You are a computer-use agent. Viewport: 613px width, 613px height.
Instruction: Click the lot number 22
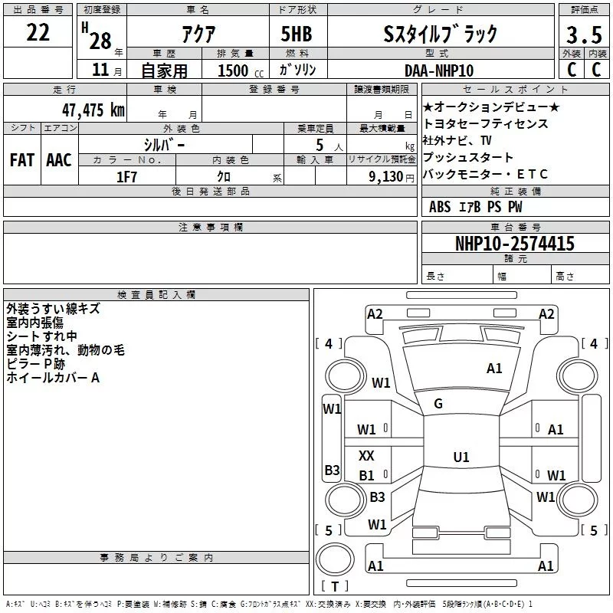tap(38, 32)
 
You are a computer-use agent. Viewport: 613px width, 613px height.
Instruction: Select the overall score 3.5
tap(583, 34)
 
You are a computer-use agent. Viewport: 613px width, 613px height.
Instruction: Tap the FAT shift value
tap(21, 160)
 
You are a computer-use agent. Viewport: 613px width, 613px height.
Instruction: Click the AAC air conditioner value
tap(59, 160)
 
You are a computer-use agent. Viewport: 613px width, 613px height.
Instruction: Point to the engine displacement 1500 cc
tap(234, 70)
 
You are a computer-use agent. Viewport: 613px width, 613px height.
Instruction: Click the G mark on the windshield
tap(438, 404)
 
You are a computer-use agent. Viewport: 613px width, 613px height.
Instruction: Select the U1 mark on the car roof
tap(461, 457)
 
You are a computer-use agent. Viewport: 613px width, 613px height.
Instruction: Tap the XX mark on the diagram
tap(367, 456)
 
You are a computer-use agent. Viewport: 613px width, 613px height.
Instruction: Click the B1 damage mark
tap(367, 476)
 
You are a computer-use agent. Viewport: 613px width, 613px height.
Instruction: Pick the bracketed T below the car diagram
tap(334, 587)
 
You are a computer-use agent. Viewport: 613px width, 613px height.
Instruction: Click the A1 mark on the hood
tap(494, 369)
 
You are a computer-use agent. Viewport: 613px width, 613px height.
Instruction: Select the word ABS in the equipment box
tap(440, 207)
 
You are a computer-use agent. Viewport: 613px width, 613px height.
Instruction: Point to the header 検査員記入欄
tap(156, 294)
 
